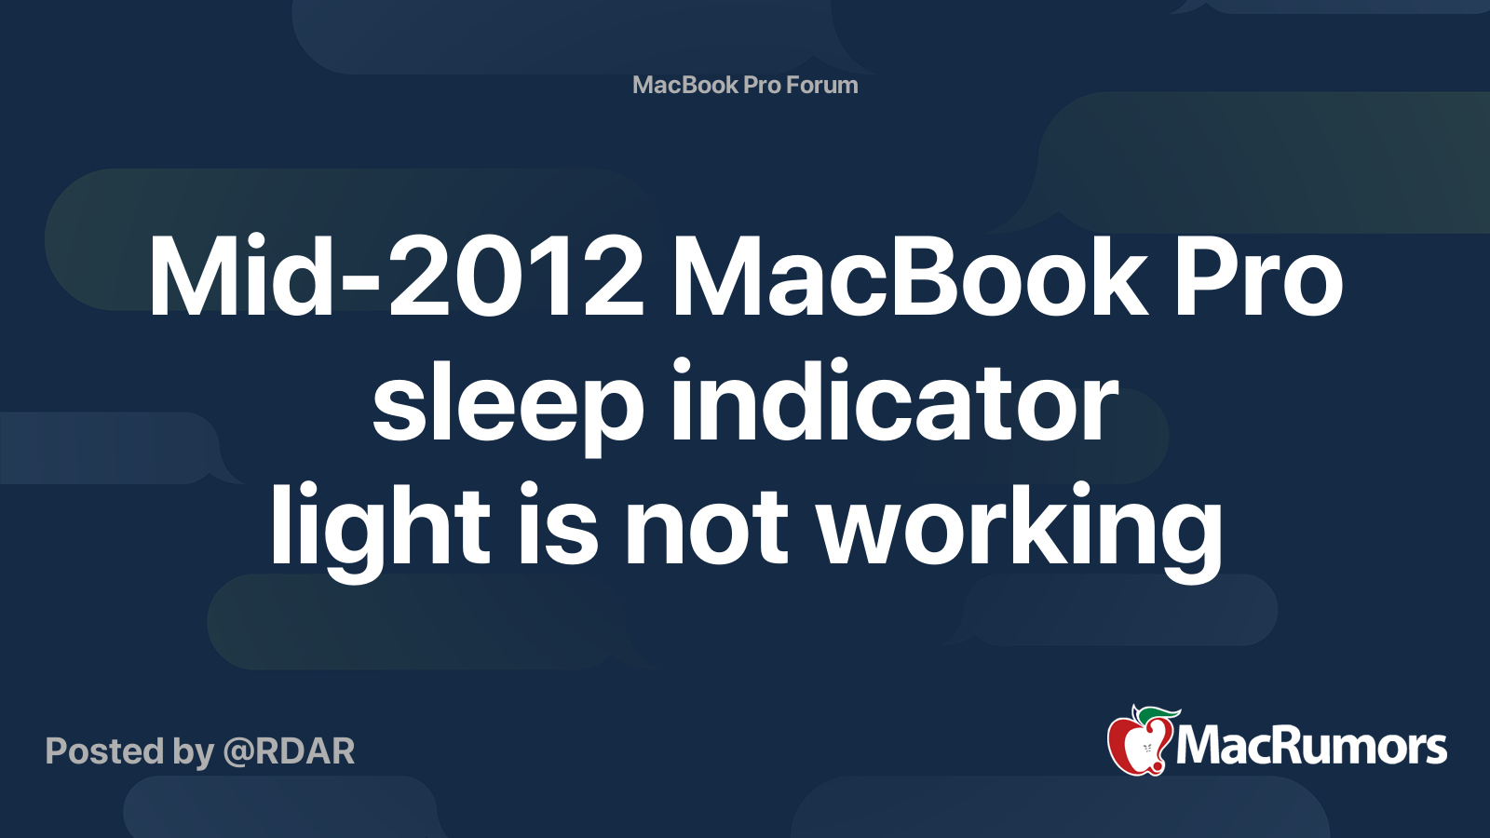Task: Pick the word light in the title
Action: [x=380, y=526]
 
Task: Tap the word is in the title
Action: [x=558, y=526]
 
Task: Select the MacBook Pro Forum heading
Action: [x=745, y=85]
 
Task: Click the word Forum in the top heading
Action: [x=821, y=85]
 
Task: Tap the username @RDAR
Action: [x=289, y=751]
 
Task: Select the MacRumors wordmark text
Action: [x=1311, y=747]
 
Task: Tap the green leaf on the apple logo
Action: [x=1158, y=714]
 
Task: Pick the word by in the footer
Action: [x=193, y=752]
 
